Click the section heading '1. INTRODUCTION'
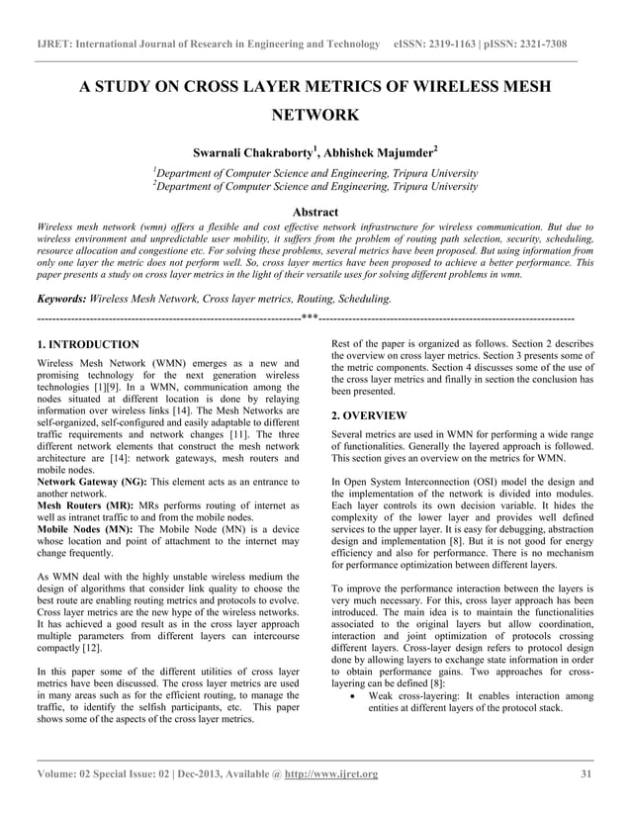click(x=87, y=344)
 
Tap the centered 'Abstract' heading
click(x=315, y=212)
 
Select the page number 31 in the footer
click(x=587, y=773)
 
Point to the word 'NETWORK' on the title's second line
click(x=315, y=117)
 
